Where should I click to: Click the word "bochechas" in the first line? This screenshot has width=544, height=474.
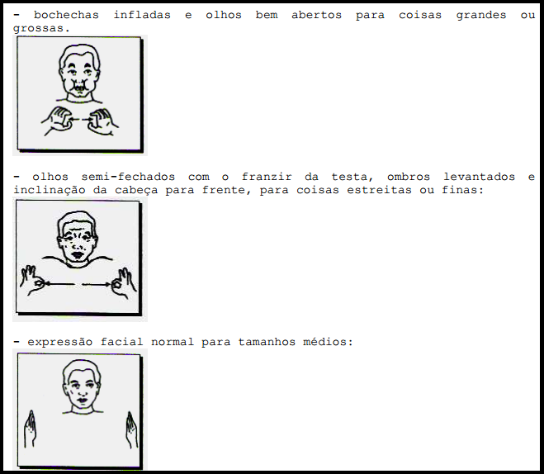[66, 15]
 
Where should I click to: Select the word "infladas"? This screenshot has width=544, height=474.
[142, 15]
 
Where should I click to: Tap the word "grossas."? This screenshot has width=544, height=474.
[41, 28]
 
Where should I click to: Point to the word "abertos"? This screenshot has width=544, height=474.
[316, 15]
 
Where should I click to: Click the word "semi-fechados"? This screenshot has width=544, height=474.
[128, 177]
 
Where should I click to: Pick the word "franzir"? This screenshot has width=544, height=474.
[267, 177]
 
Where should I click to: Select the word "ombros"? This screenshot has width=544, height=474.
[409, 177]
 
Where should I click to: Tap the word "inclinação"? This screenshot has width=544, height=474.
[50, 190]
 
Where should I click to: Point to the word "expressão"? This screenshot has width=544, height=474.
[60, 342]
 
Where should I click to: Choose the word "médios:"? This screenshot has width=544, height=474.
[328, 342]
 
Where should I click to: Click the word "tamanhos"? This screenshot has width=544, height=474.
[267, 342]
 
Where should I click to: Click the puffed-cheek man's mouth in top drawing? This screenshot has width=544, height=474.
[80, 87]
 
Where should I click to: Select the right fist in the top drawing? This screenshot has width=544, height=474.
[102, 121]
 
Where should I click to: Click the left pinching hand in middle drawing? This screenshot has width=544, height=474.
[32, 281]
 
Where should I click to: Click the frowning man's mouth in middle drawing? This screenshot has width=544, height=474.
[77, 254]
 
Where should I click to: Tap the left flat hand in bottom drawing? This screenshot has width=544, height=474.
[31, 429]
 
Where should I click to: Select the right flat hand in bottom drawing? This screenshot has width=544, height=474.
[132, 430]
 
